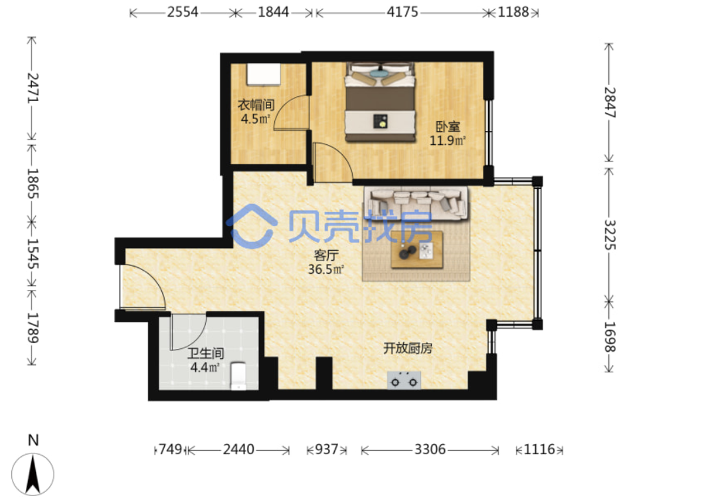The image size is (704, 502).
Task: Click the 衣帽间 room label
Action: tap(256, 105)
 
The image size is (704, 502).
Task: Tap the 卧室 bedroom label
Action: tap(448, 127)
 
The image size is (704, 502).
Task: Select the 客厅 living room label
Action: tap(326, 255)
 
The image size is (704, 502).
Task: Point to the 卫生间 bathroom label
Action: tap(205, 354)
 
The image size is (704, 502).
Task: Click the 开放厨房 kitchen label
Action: tap(408, 348)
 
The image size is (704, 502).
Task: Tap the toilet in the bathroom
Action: tap(238, 376)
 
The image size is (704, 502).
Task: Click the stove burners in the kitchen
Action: tap(404, 380)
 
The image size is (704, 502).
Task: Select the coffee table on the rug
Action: tap(416, 250)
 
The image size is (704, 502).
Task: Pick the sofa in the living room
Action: tap(416, 203)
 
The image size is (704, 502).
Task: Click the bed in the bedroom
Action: tap(380, 102)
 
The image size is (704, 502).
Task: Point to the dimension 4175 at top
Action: tap(402, 12)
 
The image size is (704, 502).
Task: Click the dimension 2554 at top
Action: tap(183, 12)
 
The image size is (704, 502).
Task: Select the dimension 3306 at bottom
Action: tap(430, 449)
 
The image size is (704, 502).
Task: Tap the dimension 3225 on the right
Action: tap(610, 234)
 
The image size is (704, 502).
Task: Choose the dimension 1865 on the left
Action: tap(33, 184)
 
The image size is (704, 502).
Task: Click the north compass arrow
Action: tap(33, 474)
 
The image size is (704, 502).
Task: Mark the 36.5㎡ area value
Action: tap(326, 269)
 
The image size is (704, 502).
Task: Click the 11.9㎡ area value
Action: tap(447, 141)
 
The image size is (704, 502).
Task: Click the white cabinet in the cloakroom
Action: tap(264, 74)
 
